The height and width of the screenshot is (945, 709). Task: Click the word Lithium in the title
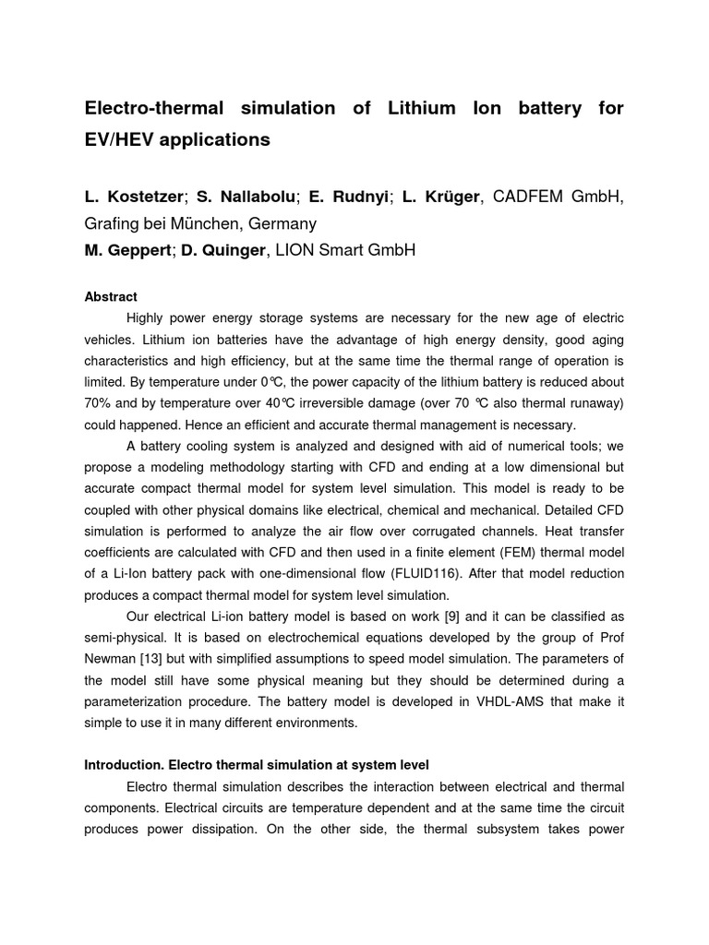tap(413, 108)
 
